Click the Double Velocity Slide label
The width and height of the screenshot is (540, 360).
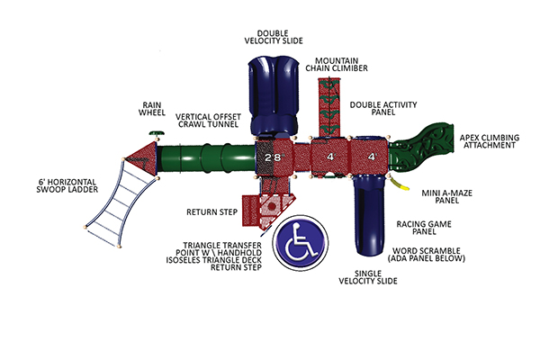(273, 35)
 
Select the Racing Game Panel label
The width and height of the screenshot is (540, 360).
(423, 227)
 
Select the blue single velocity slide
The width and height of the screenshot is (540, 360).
(370, 216)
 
